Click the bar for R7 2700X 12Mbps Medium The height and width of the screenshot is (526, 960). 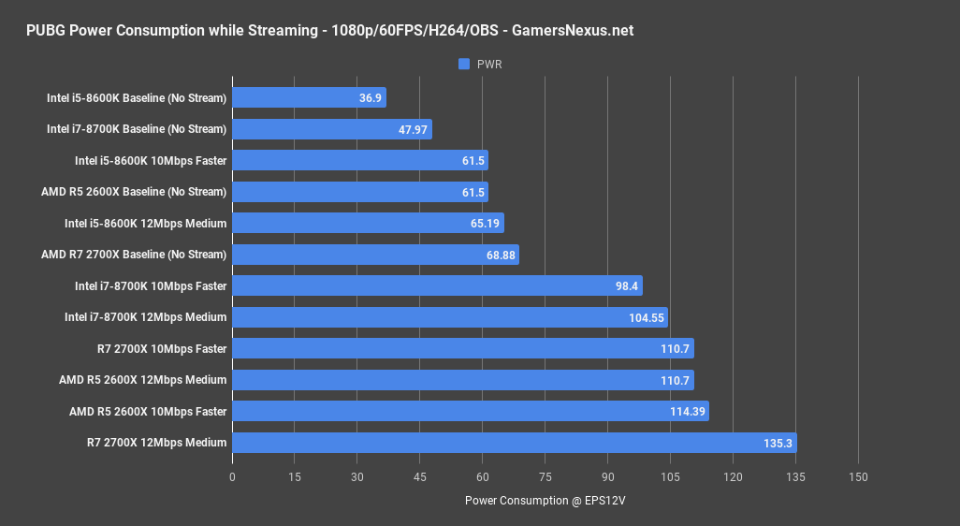click(x=514, y=443)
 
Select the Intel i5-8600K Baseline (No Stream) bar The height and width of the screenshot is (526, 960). click(x=309, y=97)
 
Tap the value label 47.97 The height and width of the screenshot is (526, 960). click(x=413, y=129)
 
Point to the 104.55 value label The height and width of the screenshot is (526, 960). click(x=646, y=317)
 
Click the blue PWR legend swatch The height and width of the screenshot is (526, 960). click(x=463, y=65)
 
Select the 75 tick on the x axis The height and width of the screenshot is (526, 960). click(x=545, y=477)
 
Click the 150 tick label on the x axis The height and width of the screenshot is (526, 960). click(x=858, y=477)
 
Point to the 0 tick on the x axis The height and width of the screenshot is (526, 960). click(x=232, y=477)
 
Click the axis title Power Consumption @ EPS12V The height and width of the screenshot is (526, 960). click(x=545, y=501)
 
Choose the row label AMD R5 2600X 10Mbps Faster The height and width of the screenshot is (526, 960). click(x=148, y=411)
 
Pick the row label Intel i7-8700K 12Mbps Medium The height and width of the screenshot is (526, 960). click(x=145, y=317)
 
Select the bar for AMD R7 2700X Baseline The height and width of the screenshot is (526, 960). click(x=375, y=255)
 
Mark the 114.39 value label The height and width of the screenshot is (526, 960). click(x=687, y=411)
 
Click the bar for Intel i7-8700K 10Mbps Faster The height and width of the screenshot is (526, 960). click(x=437, y=285)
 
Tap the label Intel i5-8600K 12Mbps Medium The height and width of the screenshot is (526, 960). click(x=145, y=223)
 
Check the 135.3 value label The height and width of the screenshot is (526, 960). click(x=776, y=443)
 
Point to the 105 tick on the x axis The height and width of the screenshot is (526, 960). click(x=670, y=477)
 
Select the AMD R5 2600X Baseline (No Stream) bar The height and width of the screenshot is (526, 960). click(x=360, y=192)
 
